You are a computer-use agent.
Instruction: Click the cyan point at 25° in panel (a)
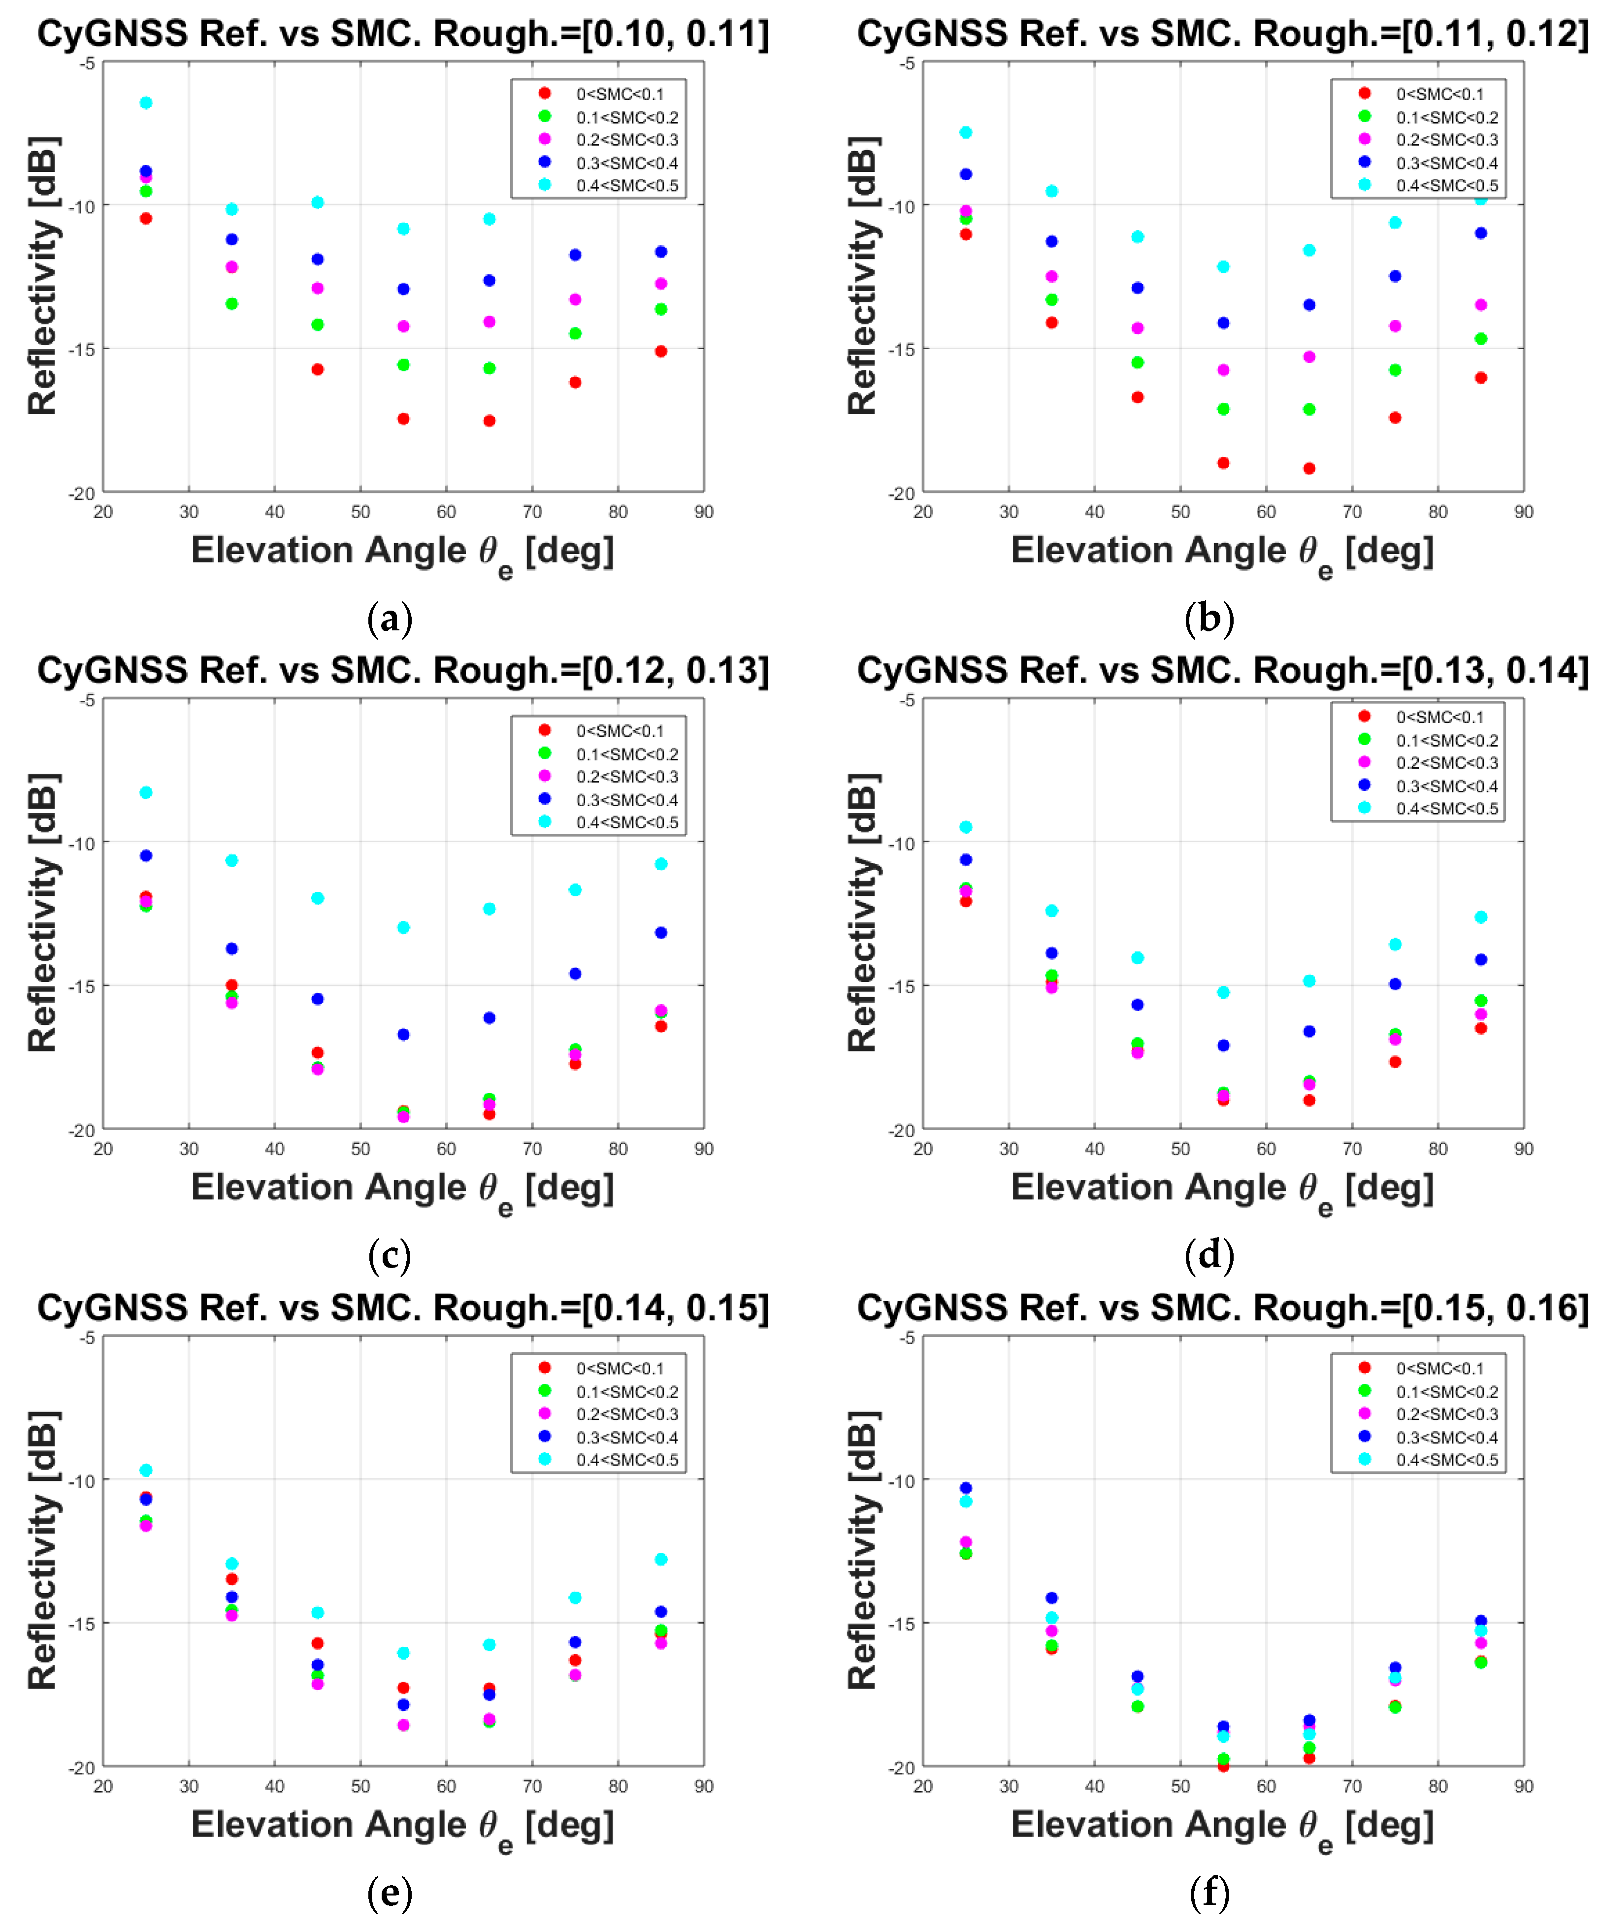(146, 103)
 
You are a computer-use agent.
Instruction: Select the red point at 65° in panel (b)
(1309, 468)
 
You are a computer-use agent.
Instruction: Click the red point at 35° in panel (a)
(231, 303)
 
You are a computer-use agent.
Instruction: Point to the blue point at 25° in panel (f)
(965, 1488)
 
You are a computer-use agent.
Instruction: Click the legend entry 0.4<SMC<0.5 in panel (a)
(626, 186)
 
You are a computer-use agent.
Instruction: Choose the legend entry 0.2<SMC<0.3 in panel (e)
(626, 1414)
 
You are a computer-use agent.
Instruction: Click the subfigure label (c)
(390, 1255)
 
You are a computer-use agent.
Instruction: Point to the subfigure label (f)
(1209, 1892)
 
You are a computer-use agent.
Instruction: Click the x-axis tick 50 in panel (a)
(360, 512)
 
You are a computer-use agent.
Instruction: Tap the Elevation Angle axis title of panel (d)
(1222, 1188)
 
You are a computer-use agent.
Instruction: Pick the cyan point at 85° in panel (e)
(660, 1560)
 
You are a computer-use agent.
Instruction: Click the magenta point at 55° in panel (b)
(1223, 370)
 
